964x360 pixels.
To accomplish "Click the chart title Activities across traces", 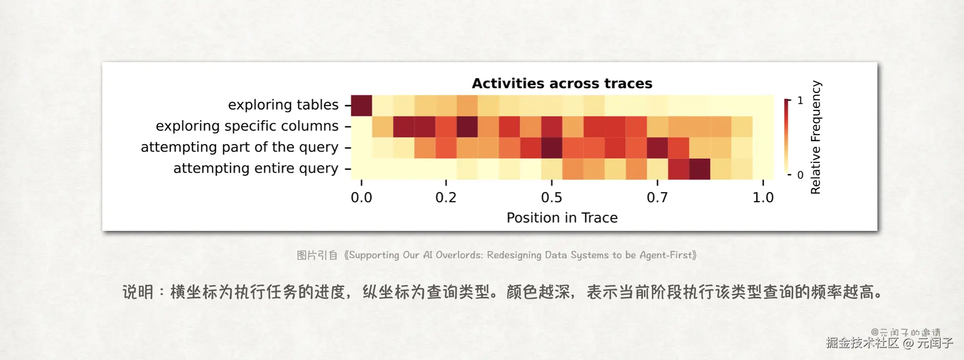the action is [x=562, y=84].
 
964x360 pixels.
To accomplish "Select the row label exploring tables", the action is [x=283, y=105].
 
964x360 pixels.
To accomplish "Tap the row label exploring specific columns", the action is [x=247, y=126].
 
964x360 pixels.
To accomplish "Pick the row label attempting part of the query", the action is [x=240, y=147].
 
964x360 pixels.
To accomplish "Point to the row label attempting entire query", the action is [x=256, y=168].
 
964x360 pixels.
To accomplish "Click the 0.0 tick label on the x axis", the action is [x=362, y=198].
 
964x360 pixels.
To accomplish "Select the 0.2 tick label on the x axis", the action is [x=446, y=198].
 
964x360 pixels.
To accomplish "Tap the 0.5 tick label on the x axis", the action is [x=551, y=198].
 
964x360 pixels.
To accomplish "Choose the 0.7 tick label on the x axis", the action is [x=657, y=198].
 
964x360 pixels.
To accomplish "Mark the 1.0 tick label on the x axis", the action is [x=763, y=198].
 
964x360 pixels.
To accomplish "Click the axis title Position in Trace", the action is [x=562, y=218].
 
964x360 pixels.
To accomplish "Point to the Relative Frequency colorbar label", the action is [x=815, y=137].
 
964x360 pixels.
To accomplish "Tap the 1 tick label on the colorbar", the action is [x=800, y=100].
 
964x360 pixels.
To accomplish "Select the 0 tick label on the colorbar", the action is [x=800, y=175].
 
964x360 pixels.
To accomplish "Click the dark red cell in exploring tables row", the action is [x=362, y=106].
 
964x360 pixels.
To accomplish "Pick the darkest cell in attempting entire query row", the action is [x=700, y=169].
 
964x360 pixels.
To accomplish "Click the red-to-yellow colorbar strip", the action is [x=786, y=137].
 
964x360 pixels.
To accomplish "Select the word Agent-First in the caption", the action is [x=666, y=255].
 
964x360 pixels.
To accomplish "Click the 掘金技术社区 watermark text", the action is [x=863, y=342].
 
